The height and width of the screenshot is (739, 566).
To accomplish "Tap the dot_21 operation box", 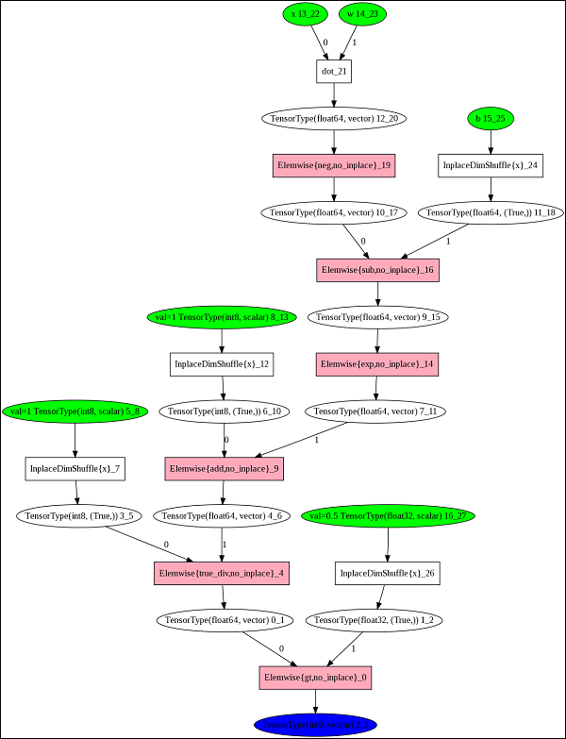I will pyautogui.click(x=334, y=71).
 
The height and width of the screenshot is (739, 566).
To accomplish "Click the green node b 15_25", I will pyautogui.click(x=489, y=118).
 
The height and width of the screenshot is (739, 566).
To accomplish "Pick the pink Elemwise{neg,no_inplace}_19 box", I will pyautogui.click(x=334, y=166).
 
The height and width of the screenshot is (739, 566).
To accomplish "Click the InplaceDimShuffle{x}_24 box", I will pyautogui.click(x=489, y=166).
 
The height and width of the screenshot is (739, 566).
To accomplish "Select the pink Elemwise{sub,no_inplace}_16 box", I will pyautogui.click(x=378, y=270).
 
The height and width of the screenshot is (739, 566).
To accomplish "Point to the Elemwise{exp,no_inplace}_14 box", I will pyautogui.click(x=377, y=364).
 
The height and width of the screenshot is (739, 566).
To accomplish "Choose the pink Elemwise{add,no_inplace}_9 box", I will pyautogui.click(x=224, y=468).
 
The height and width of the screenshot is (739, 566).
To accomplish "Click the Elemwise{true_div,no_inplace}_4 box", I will pyautogui.click(x=223, y=573).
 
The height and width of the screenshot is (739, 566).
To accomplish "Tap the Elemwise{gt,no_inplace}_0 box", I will pyautogui.click(x=315, y=677).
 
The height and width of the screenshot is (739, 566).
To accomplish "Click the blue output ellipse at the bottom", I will pyautogui.click(x=315, y=724).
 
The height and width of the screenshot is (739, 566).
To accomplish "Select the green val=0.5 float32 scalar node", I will pyautogui.click(x=389, y=516).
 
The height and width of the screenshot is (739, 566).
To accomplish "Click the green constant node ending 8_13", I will pyautogui.click(x=222, y=317).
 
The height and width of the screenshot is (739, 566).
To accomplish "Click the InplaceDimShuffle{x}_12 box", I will pyautogui.click(x=222, y=364).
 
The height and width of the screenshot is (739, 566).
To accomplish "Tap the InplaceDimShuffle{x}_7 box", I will pyautogui.click(x=75, y=468).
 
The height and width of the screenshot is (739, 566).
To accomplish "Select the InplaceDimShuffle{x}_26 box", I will pyautogui.click(x=387, y=573).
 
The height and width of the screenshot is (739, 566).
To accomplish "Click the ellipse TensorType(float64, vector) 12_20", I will pyautogui.click(x=334, y=118).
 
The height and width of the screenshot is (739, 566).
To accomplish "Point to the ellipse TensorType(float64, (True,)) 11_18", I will pyautogui.click(x=491, y=213).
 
